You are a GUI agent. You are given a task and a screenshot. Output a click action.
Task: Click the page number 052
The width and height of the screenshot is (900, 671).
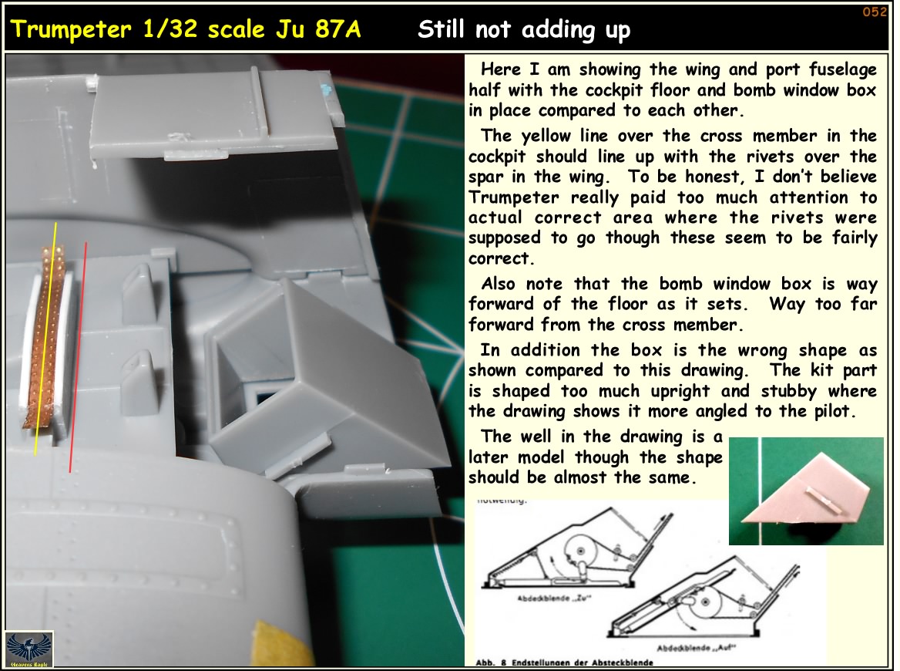(x=875, y=12)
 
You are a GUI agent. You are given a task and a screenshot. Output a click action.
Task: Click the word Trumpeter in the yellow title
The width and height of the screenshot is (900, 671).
(x=65, y=31)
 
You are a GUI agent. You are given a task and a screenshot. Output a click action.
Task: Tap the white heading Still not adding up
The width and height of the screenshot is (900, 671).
(x=524, y=31)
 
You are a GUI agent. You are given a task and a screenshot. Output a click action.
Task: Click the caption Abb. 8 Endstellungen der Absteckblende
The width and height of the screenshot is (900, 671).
(x=564, y=663)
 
